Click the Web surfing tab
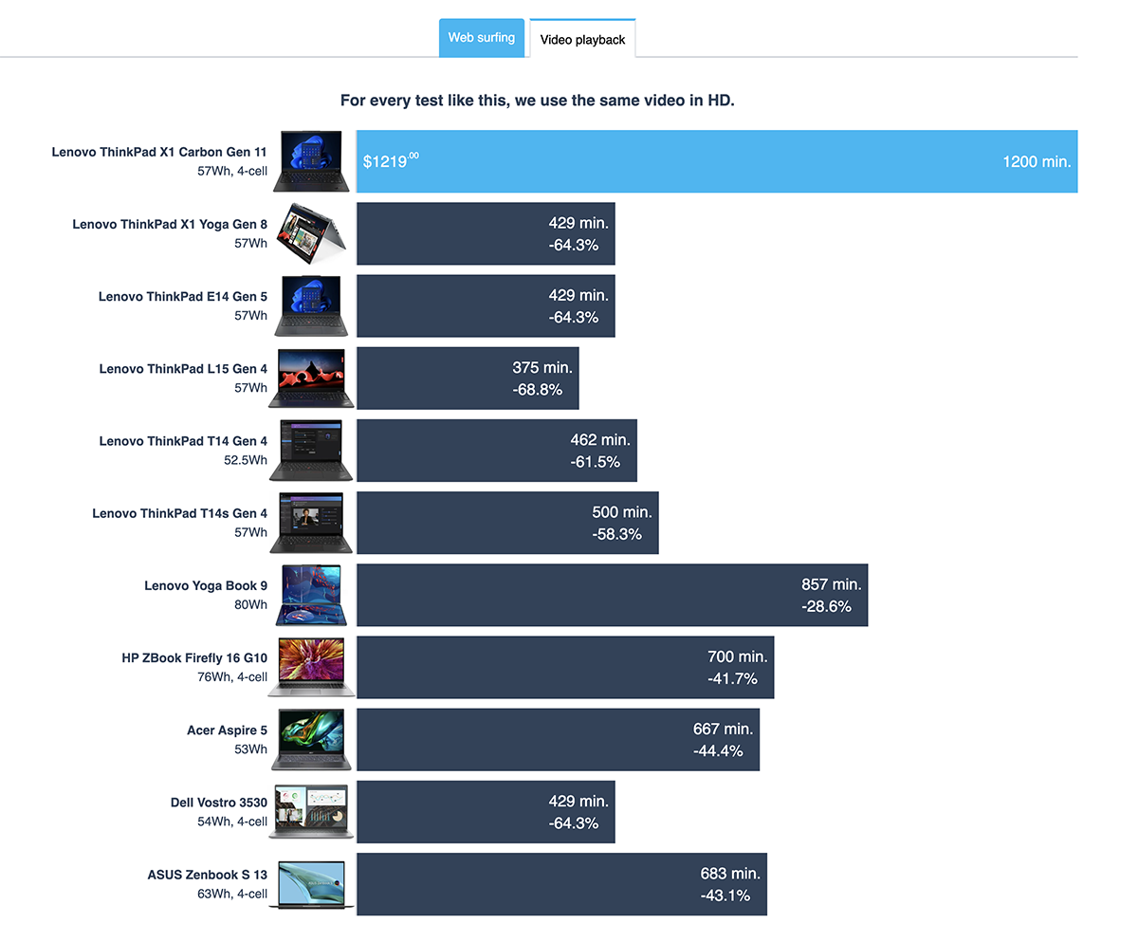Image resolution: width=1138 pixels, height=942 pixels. [481, 38]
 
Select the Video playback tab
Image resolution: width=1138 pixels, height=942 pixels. [582, 38]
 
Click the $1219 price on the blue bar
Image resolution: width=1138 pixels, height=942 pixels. [391, 161]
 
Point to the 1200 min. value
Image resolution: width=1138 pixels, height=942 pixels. [1037, 161]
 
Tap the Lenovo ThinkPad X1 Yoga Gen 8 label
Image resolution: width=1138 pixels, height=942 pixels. [170, 224]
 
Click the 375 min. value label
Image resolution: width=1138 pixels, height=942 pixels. [541, 367]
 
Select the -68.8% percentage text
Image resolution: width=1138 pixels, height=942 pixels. [537, 389]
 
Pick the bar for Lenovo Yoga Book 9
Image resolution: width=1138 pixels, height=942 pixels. [612, 595]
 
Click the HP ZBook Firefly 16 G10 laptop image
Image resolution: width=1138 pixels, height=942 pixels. [311, 667]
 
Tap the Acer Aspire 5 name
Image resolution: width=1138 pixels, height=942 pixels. [227, 730]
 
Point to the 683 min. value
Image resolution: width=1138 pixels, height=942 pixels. [730, 874]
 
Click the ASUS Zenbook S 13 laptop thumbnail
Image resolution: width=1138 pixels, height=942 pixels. [311, 884]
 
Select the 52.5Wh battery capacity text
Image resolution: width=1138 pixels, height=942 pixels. [246, 460]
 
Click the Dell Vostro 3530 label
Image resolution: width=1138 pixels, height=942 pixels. [218, 803]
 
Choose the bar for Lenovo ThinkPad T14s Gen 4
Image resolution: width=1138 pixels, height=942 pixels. [507, 523]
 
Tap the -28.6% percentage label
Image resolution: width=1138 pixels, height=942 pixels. [826, 606]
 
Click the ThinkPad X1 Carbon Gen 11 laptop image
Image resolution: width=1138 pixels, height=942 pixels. [311, 161]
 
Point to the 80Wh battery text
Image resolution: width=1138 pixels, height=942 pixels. [250, 604]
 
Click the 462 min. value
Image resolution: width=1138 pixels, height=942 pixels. [600, 440]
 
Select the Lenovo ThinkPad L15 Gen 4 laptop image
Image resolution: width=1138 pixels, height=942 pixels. [311, 379]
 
